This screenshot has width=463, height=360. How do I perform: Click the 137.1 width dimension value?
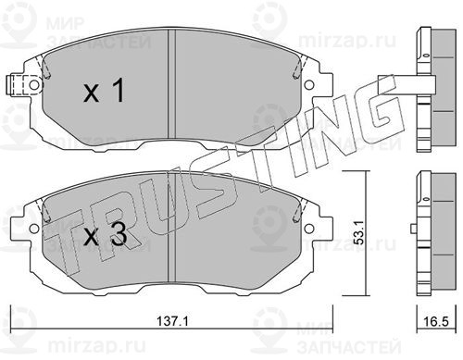(172, 321)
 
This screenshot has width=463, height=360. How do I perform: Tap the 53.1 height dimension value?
(360, 232)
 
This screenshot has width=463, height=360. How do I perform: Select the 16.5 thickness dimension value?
(436, 321)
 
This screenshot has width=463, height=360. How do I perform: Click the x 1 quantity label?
(104, 90)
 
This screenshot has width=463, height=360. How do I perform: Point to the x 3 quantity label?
(105, 234)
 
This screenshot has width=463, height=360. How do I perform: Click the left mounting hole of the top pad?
(34, 84)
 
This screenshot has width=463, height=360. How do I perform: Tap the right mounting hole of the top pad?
(308, 84)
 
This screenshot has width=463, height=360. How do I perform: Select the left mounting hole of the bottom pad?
(34, 229)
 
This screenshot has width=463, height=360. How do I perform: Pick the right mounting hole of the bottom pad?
(308, 229)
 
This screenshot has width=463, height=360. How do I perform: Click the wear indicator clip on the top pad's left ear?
(19, 85)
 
